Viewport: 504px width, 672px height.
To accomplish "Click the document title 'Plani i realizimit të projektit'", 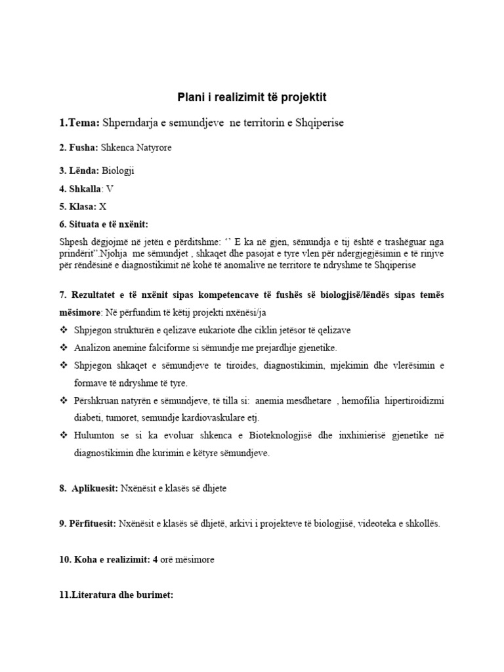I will pos(252,97).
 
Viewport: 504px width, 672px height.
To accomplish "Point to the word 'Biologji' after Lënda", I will pos(121,171).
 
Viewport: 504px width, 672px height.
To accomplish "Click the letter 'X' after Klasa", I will pos(103,206).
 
